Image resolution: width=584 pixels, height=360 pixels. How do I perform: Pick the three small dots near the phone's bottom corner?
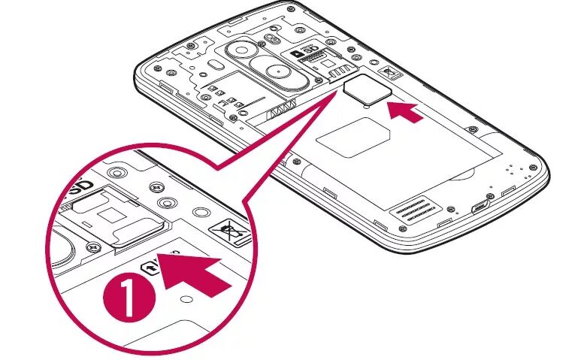click(x=516, y=170)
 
